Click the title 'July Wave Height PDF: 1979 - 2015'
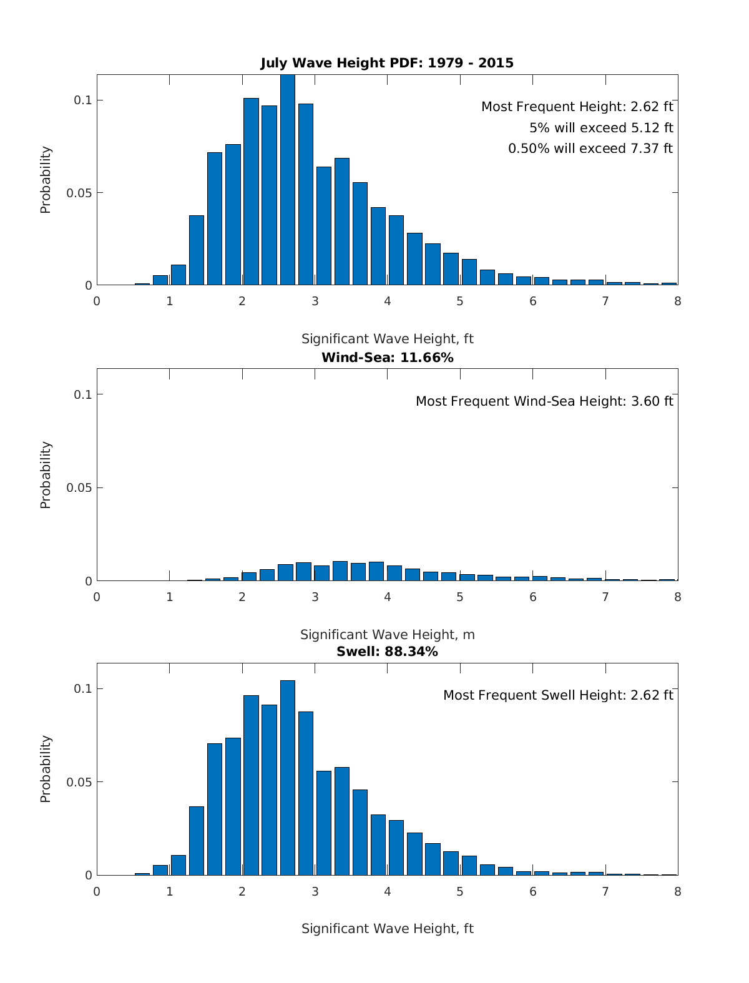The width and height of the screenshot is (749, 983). pyautogui.click(x=387, y=63)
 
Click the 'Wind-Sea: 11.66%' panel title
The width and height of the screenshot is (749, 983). pyautogui.click(x=387, y=358)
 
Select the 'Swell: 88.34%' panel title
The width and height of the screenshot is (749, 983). pyautogui.click(x=387, y=652)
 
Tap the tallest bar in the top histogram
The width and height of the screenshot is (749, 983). pyautogui.click(x=287, y=181)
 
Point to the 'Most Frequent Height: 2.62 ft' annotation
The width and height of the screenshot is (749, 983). pyautogui.click(x=577, y=107)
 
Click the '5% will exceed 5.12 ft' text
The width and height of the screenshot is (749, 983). pyautogui.click(x=600, y=128)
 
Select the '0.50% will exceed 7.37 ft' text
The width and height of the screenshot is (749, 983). pyautogui.click(x=590, y=149)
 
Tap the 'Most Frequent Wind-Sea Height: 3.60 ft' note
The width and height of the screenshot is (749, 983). pyautogui.click(x=544, y=401)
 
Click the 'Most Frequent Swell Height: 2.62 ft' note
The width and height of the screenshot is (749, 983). pyautogui.click(x=558, y=695)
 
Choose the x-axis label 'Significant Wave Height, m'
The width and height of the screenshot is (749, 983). pyautogui.click(x=387, y=635)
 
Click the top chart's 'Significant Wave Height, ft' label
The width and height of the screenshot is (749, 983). pyautogui.click(x=387, y=339)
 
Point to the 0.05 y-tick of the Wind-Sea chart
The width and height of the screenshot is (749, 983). pyautogui.click(x=79, y=487)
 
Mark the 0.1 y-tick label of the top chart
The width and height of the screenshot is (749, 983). pyautogui.click(x=83, y=100)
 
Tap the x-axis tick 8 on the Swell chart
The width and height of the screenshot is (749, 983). pyautogui.click(x=678, y=891)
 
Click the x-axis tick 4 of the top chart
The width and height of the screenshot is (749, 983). pyautogui.click(x=387, y=301)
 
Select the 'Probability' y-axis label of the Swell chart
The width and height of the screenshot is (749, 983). pyautogui.click(x=46, y=769)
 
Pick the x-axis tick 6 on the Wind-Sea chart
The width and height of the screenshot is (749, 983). pyautogui.click(x=532, y=597)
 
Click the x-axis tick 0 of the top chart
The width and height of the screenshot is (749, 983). pyautogui.click(x=97, y=301)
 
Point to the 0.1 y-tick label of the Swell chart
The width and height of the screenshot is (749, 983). pyautogui.click(x=83, y=688)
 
